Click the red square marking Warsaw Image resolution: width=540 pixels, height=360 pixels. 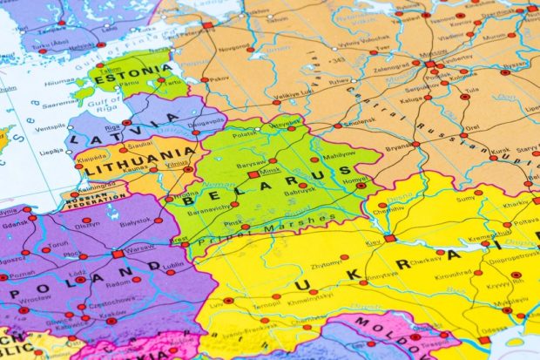(x=118, y=254)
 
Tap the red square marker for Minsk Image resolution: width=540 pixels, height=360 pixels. (x=253, y=174)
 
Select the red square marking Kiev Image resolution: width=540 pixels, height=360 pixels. (x=389, y=238)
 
